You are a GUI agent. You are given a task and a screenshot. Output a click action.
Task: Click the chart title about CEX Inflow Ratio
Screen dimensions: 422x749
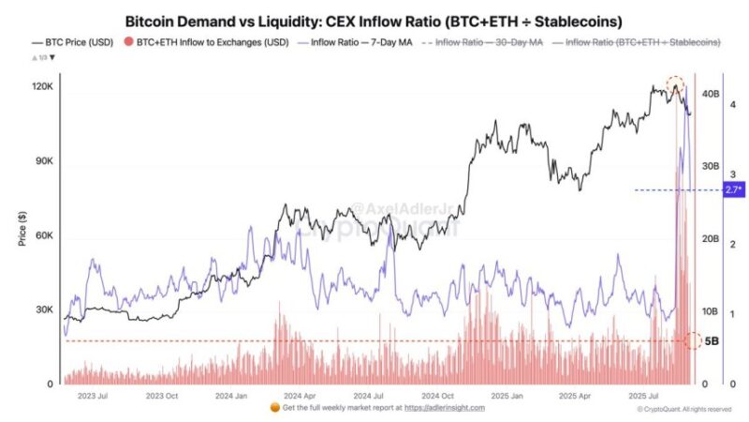coord(374,20)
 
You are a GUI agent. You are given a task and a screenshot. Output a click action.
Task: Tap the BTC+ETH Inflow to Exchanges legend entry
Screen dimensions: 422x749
coord(206,42)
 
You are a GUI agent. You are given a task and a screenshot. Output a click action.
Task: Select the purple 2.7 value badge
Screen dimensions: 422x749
coord(733,190)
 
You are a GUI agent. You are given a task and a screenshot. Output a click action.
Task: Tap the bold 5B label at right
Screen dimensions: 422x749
coord(711,340)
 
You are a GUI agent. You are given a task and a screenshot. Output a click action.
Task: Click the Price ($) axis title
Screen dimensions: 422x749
coord(22,229)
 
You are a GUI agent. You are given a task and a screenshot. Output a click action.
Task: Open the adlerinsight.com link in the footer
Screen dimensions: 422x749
coord(445,408)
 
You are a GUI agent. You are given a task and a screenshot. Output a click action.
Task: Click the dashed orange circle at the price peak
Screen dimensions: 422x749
coord(675,86)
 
